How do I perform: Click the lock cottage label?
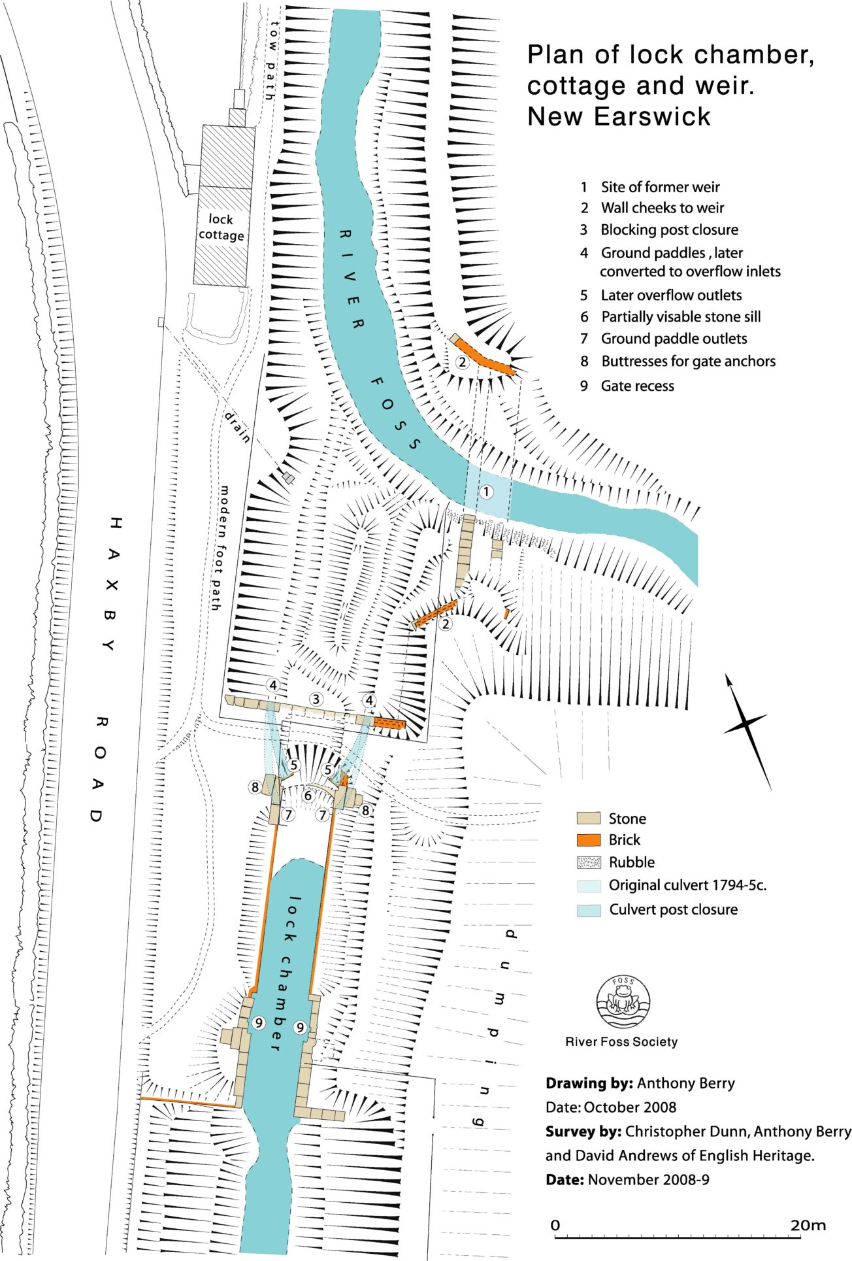coord(221,227)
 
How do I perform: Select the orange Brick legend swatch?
coord(588,840)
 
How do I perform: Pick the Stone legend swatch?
coord(588,818)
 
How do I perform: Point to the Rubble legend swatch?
coord(588,862)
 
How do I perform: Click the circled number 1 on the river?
coord(486,492)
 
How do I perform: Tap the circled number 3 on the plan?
coord(316,699)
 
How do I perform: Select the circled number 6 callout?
coord(308,796)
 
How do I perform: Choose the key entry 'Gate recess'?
coord(637,386)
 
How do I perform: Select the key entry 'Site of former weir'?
coord(660,187)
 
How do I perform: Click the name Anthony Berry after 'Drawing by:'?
coord(685,1083)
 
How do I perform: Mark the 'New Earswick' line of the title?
coord(619,116)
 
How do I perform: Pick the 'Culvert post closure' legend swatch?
coord(588,910)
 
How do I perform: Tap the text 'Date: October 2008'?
coord(611,1107)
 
